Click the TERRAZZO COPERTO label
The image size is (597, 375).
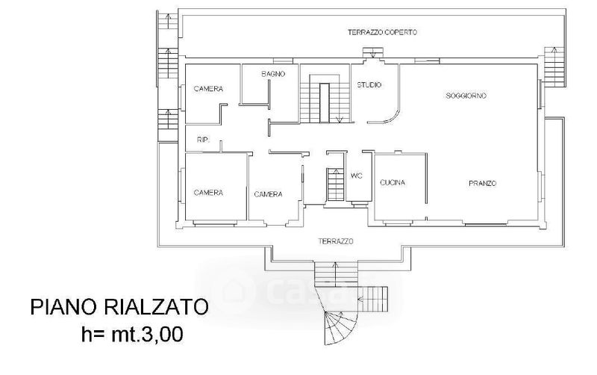pyautogui.click(x=382, y=32)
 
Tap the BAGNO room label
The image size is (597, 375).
pyautogui.click(x=273, y=74)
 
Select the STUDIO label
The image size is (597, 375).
pyautogui.click(x=369, y=85)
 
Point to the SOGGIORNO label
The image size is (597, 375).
pyautogui.click(x=466, y=96)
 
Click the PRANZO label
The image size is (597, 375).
pyautogui.click(x=482, y=183)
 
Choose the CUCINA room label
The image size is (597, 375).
pyautogui.click(x=393, y=183)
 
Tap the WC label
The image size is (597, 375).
pyautogui.click(x=357, y=176)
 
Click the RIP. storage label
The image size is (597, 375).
pyautogui.click(x=203, y=140)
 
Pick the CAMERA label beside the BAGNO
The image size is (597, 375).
pyautogui.click(x=208, y=89)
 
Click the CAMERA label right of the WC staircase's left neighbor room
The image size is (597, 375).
pyautogui.click(x=269, y=194)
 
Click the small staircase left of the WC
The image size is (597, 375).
pyautogui.click(x=335, y=185)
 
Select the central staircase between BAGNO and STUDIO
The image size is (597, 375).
pyautogui.click(x=325, y=99)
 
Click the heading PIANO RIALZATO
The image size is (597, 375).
pyautogui.click(x=119, y=307)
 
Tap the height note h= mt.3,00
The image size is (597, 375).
pyautogui.click(x=133, y=334)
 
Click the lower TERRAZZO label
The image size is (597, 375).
pyautogui.click(x=336, y=241)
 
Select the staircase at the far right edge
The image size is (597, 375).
pyautogui.click(x=554, y=67)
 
